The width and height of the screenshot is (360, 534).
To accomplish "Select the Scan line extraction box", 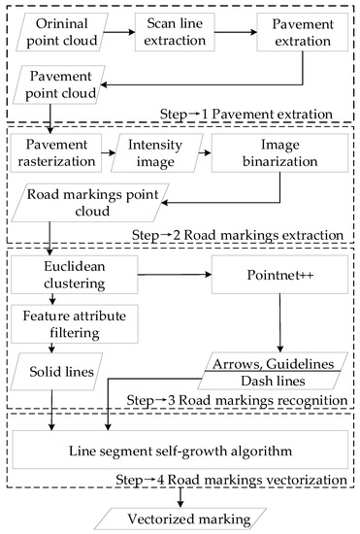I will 179,31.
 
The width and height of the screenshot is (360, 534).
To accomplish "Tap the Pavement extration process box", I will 301,31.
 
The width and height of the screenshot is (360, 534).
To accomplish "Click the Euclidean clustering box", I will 71,278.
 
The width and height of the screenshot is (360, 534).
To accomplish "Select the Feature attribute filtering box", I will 71,323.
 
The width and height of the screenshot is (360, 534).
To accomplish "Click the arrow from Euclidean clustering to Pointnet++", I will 176,278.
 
